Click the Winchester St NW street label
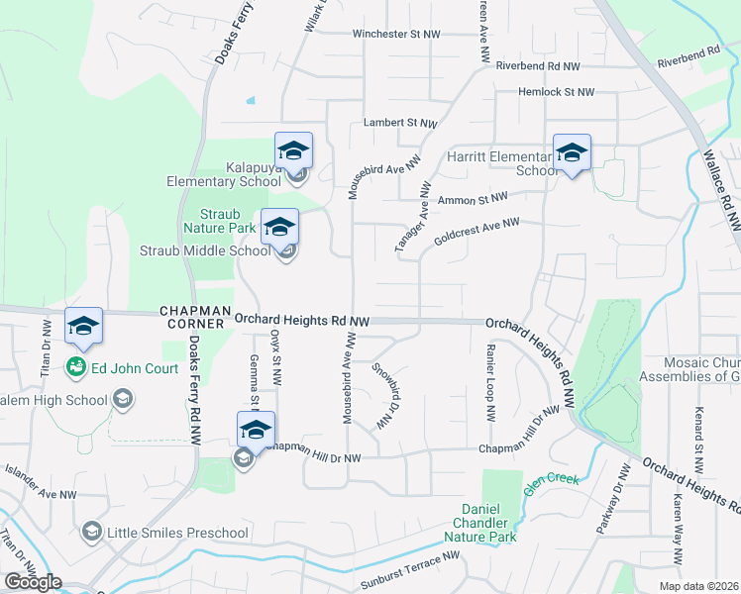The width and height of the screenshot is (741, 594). [396, 34]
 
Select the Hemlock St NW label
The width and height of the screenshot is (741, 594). [557, 92]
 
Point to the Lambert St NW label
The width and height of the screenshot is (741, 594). [400, 124]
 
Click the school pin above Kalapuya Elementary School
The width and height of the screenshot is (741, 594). [293, 151]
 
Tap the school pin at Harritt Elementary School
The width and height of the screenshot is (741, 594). [572, 153]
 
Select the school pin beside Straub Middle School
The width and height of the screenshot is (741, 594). [279, 227]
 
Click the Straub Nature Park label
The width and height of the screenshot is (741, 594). [228, 220]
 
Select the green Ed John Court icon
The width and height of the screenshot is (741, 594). [75, 368]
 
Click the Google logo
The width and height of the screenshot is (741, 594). [33, 582]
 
